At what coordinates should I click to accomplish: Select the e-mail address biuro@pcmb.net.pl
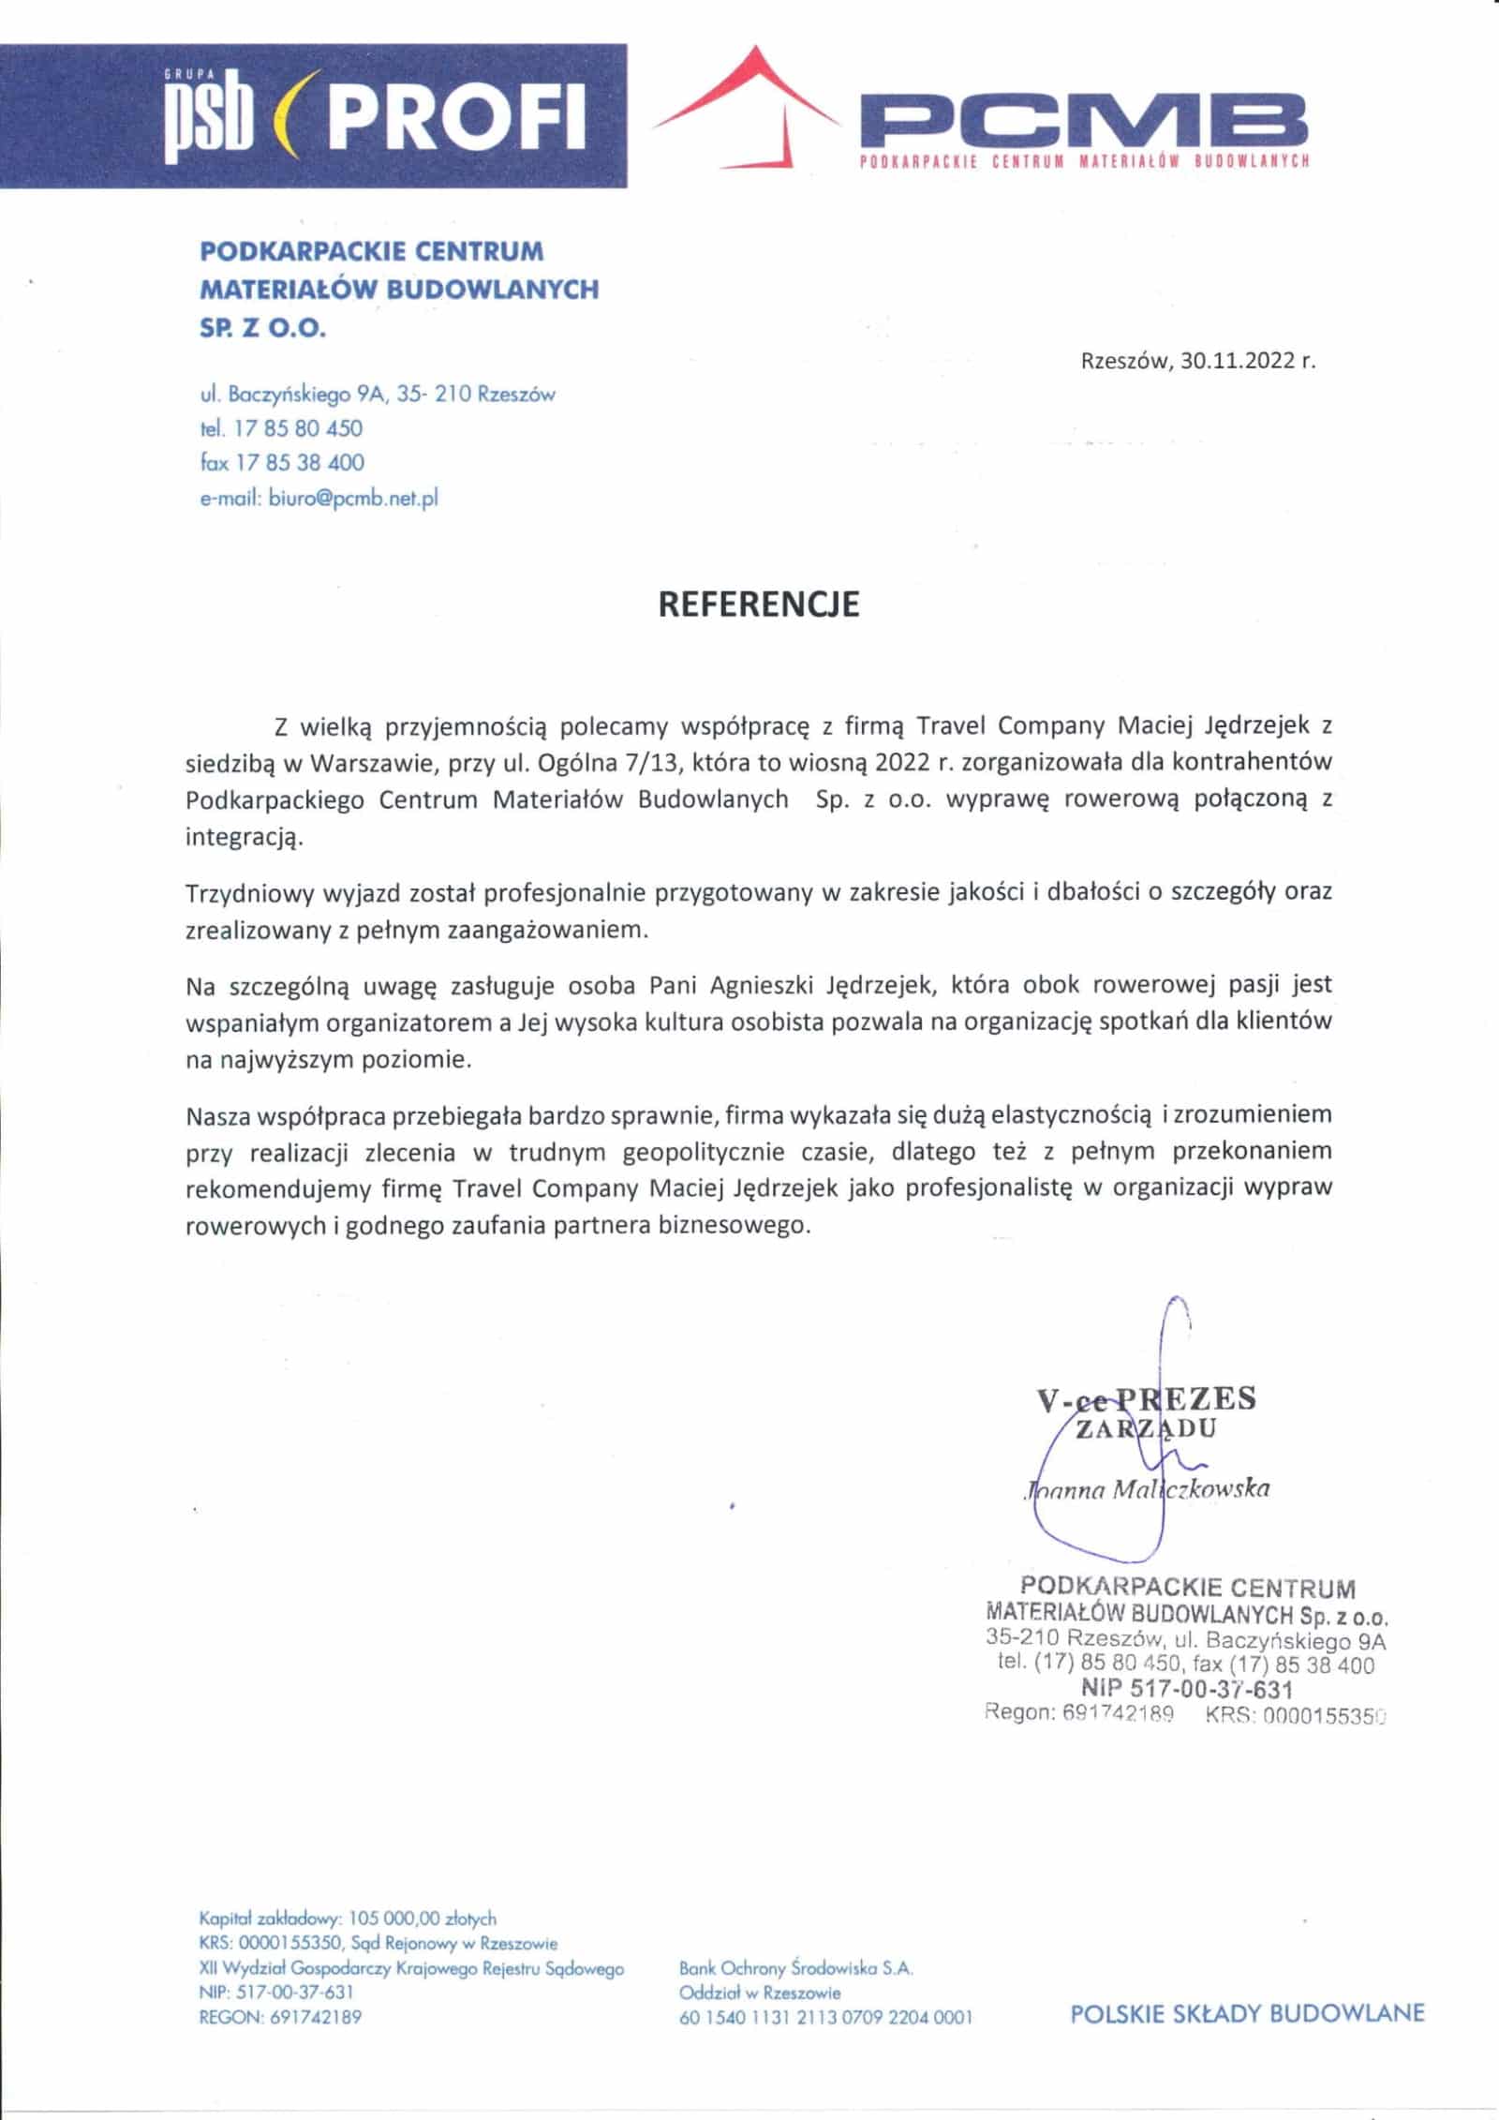353,499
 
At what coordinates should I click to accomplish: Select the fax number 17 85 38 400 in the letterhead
300,462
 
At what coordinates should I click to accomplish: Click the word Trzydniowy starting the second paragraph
248,892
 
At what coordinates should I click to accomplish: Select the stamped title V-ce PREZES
1146,1399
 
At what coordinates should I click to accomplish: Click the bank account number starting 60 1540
825,2017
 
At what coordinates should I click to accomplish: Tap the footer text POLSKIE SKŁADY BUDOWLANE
1247,2013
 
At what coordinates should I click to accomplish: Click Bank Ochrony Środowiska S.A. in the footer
795,1968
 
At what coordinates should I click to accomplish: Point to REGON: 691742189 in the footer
280,2017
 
